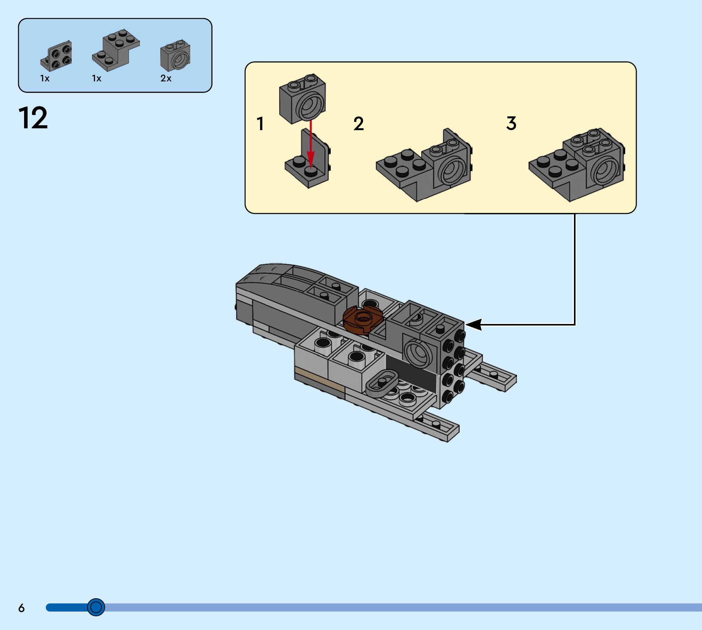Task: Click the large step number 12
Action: [33, 118]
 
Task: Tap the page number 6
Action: [21, 608]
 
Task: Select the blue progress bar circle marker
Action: [96, 607]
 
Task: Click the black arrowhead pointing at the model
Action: [474, 325]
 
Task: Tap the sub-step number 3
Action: [511, 123]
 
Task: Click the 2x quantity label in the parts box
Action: [166, 79]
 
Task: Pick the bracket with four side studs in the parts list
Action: [56, 56]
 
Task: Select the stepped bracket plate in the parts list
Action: [116, 51]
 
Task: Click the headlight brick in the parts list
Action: [175, 55]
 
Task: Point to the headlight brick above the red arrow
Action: [302, 99]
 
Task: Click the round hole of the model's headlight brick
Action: [419, 353]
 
